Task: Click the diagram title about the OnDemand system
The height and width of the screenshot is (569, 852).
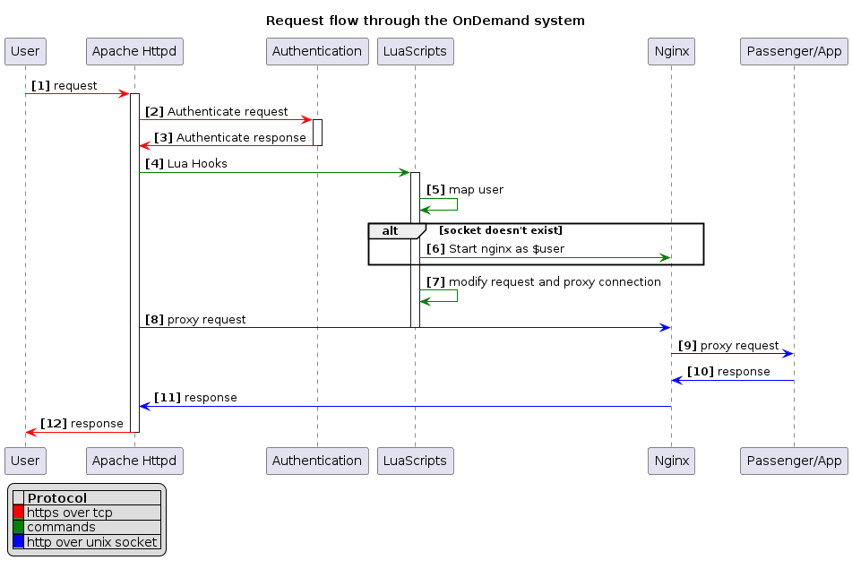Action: tap(426, 21)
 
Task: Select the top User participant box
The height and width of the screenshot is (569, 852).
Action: tap(25, 51)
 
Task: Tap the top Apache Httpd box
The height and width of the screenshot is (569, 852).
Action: tap(134, 51)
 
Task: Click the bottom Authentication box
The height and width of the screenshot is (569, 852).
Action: tap(317, 461)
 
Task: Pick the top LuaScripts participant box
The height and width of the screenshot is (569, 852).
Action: tap(415, 51)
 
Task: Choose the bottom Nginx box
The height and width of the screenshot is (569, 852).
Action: tap(671, 461)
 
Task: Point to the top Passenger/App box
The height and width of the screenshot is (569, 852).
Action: tap(793, 51)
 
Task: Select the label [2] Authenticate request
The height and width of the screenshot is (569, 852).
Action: tap(216, 112)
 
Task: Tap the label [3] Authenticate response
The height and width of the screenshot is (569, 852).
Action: tap(229, 138)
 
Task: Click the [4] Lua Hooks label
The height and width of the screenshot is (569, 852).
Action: tap(185, 164)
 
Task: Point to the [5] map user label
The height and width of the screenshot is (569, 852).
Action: tap(464, 190)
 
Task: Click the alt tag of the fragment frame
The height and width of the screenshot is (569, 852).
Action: tap(391, 231)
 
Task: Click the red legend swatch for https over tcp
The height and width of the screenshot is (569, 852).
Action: tap(18, 513)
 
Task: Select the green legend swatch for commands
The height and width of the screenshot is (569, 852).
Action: tap(18, 527)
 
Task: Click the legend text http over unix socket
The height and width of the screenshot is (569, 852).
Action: tap(92, 541)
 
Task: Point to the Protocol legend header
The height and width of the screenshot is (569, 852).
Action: tap(57, 498)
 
